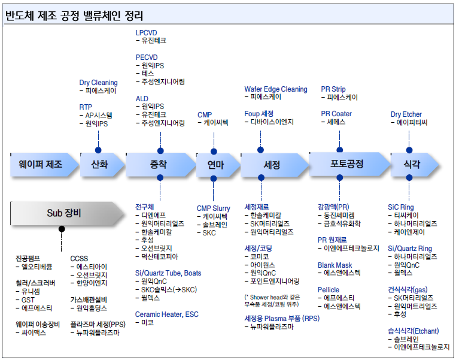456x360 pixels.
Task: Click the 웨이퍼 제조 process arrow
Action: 44,165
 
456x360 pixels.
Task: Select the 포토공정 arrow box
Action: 349,164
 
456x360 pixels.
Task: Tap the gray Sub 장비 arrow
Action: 67,213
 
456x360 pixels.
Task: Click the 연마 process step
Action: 218,165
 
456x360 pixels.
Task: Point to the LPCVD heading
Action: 146,32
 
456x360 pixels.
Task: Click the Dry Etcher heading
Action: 406,114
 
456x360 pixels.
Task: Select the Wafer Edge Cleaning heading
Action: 276,89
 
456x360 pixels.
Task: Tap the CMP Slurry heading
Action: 213,208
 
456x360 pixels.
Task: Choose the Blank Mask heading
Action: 335,265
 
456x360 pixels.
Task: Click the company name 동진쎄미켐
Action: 339,216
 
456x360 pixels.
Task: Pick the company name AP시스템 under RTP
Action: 99,115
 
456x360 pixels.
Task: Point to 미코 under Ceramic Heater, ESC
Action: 147,322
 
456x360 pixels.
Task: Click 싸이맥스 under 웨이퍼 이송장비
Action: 34,332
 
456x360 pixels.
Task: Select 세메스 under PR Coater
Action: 336,122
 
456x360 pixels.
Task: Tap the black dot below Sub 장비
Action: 62,229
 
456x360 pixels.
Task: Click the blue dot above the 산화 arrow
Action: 98,150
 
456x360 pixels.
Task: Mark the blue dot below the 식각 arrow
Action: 409,177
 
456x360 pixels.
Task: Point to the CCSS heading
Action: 79,258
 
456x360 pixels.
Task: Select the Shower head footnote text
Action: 272,301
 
